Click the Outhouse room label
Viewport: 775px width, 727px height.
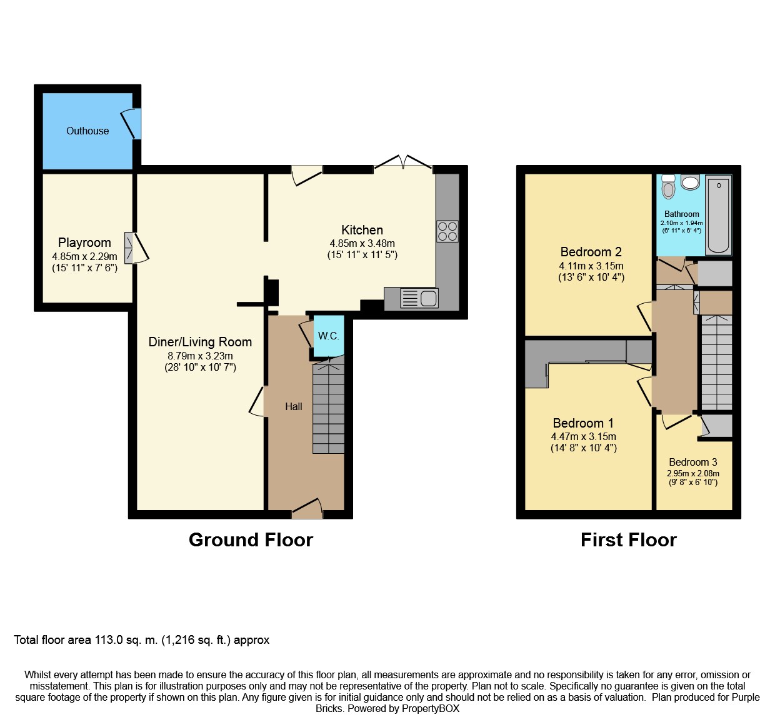87,131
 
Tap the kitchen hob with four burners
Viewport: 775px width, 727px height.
447,231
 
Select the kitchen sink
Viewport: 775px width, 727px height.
419,298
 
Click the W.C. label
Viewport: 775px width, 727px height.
329,336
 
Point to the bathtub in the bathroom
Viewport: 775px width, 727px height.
718,216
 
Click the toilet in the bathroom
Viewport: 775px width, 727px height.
669,187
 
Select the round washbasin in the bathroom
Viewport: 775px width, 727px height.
691,183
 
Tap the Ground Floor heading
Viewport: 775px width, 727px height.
251,539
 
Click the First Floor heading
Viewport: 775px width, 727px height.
628,539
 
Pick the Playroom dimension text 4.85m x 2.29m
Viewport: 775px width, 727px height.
84,256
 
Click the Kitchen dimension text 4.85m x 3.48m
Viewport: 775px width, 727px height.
362,243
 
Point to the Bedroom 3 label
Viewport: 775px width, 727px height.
693,462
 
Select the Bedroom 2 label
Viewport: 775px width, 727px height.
591,252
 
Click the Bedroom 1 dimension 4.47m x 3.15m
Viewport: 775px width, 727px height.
583,436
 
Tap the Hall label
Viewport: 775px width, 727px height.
294,406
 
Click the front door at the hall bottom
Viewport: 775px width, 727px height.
307,508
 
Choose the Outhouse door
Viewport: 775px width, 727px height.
132,124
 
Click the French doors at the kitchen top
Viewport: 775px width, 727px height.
403,163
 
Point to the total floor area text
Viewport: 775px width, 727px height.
142,640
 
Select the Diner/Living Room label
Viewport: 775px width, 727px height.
200,342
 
